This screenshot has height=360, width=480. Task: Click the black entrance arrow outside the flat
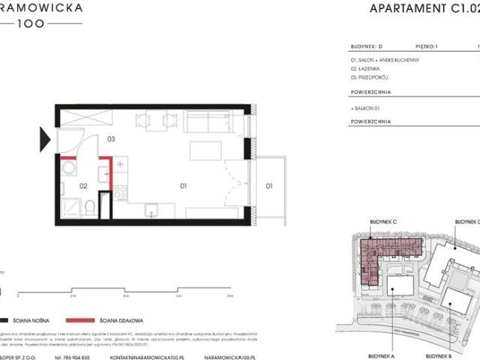tap(45, 139)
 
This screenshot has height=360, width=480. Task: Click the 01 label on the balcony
tap(268, 184)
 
